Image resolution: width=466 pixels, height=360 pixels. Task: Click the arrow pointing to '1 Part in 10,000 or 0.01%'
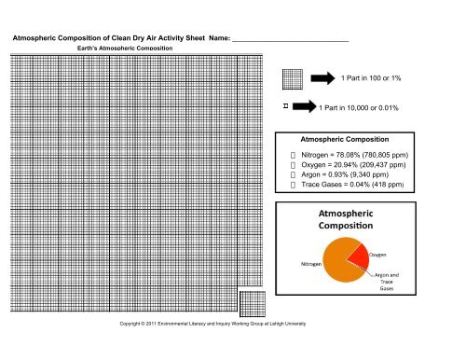pos(303,107)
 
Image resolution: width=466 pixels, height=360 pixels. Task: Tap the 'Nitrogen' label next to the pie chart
pos(311,265)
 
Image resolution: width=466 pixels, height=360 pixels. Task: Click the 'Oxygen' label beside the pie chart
pos(378,254)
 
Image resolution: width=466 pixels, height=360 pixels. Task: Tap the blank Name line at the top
pos(290,38)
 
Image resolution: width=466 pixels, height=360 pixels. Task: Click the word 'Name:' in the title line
pos(214,38)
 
